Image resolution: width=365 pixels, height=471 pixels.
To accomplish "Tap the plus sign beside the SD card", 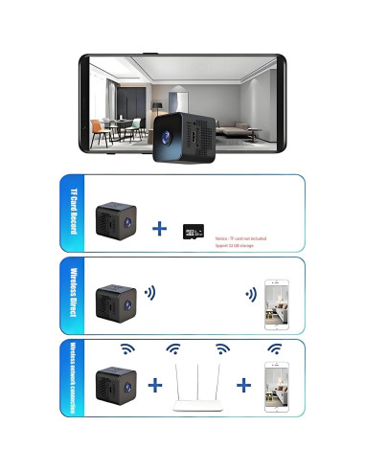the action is (x=160, y=229).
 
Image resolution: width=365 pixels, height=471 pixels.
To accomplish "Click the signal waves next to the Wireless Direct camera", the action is (x=148, y=291).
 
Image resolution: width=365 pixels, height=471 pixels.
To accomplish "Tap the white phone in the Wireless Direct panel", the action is (x=278, y=304).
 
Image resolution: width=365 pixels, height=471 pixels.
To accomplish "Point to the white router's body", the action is (x=198, y=407).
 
